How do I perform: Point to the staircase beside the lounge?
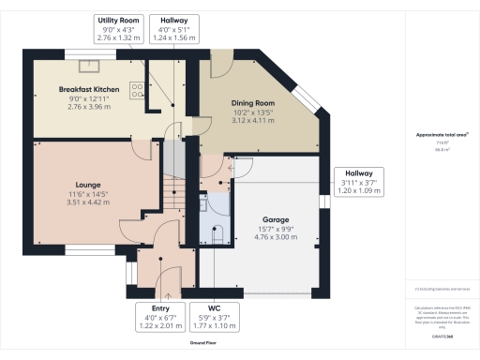pos(172,192)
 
